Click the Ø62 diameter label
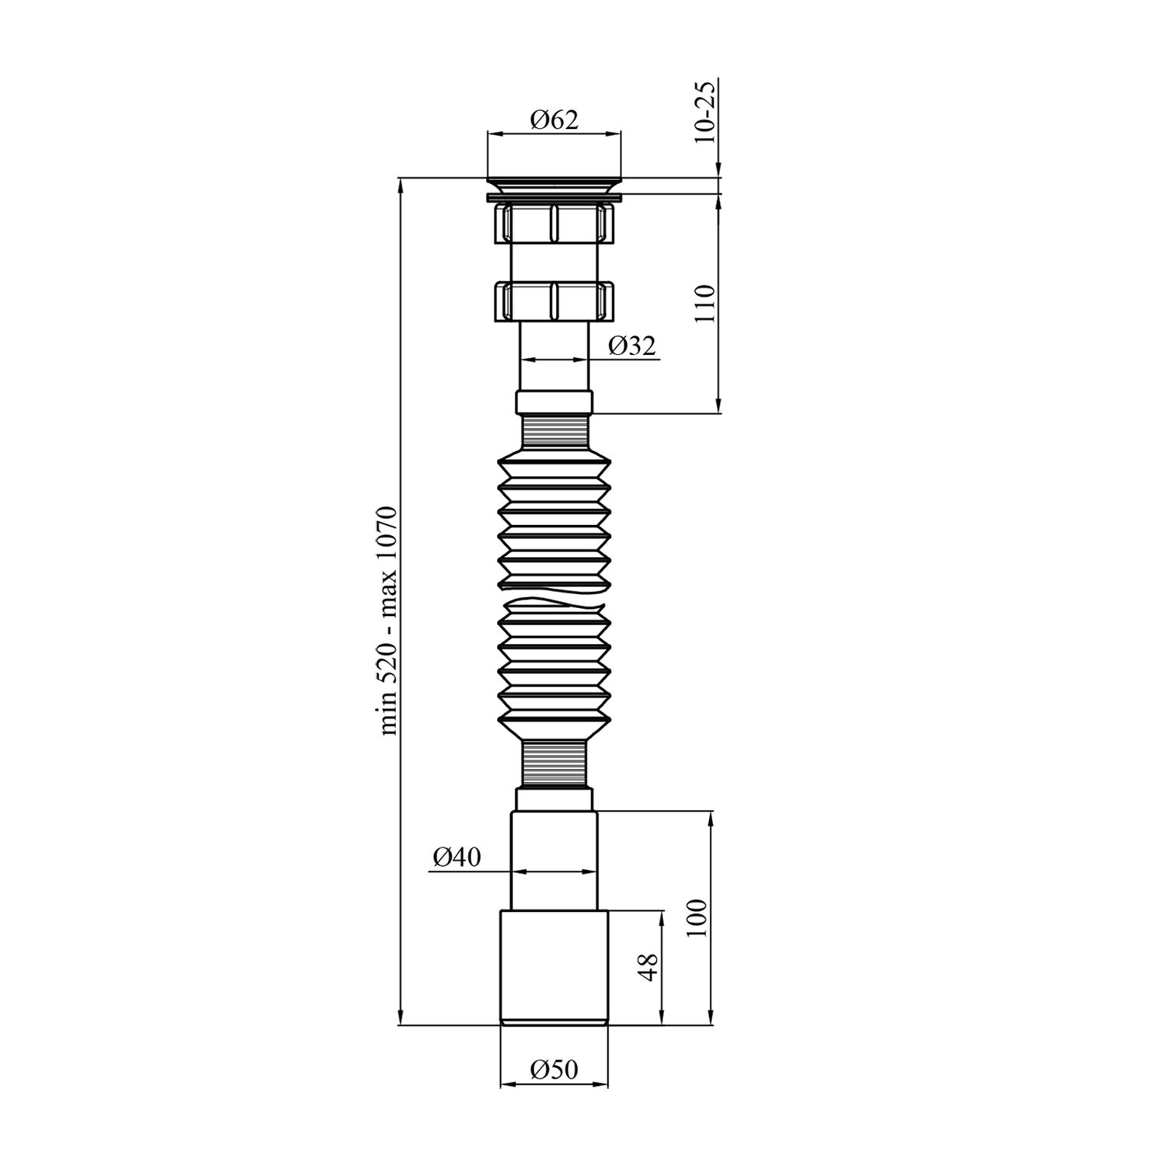(554, 120)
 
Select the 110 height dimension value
(704, 303)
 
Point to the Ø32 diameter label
(632, 346)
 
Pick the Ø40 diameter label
(457, 857)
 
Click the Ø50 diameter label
(554, 1069)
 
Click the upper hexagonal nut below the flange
(554, 223)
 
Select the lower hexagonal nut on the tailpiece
(554, 300)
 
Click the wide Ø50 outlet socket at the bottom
(554, 967)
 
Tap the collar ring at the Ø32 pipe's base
(554, 403)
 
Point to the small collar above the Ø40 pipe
(554, 799)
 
